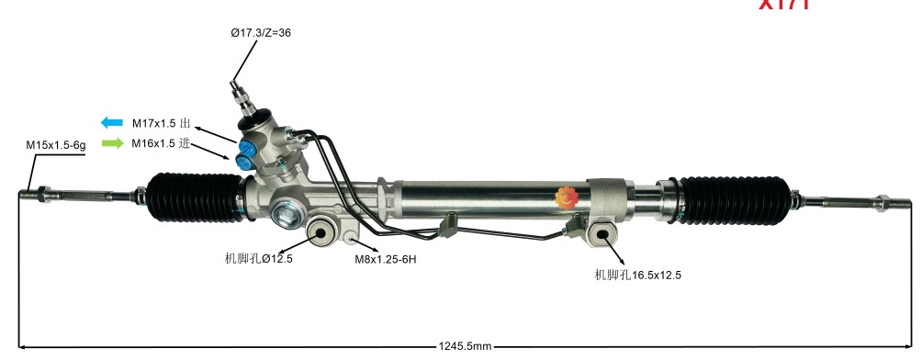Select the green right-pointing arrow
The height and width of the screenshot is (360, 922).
111,143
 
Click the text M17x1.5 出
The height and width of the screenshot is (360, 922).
161,123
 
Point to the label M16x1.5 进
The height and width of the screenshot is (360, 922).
161,143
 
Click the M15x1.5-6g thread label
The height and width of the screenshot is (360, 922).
55,146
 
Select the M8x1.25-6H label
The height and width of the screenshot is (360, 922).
387,259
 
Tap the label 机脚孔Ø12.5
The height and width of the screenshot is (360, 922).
258,259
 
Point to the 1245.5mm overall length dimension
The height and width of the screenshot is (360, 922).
465,346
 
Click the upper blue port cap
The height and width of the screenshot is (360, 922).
248,145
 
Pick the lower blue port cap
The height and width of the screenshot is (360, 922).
244,162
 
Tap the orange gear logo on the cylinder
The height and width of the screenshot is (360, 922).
565,196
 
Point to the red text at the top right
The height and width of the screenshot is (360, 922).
783,5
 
